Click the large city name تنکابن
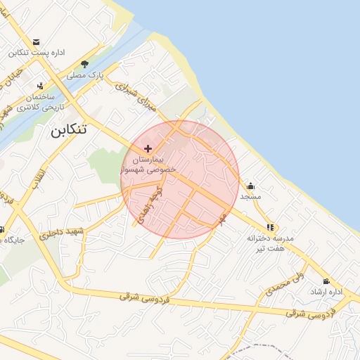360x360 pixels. click(x=70, y=131)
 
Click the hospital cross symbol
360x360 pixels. click(x=148, y=148)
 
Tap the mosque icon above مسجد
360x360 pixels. click(x=251, y=186)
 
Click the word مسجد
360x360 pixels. click(x=251, y=196)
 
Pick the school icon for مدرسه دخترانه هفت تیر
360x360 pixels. click(x=270, y=227)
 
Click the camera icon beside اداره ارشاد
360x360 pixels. click(x=326, y=281)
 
